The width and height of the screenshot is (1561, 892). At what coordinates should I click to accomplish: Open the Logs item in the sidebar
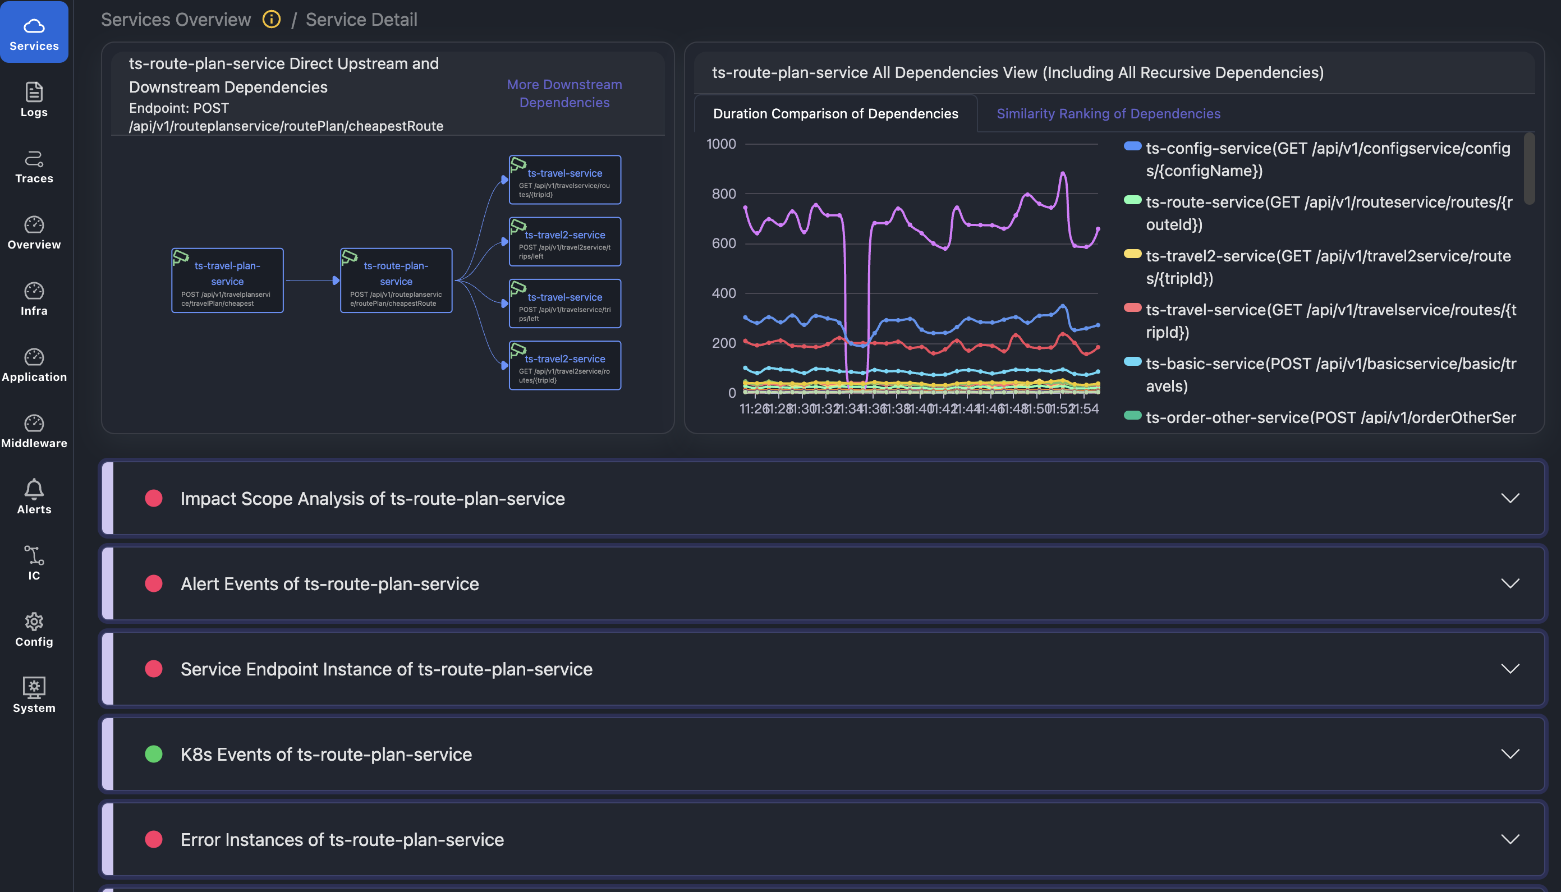(34, 99)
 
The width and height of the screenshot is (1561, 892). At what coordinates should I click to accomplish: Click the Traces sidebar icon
(34, 165)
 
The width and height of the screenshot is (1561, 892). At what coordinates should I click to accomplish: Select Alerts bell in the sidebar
(34, 496)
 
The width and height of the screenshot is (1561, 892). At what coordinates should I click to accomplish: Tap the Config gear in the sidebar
(34, 628)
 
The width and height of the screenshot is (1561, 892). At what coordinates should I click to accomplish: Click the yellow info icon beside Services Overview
(272, 20)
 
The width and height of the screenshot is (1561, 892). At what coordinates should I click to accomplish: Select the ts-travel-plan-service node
(227, 281)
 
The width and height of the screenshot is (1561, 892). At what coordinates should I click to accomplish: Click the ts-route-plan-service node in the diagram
(396, 281)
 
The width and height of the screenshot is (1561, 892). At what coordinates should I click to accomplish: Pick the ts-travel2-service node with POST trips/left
(564, 241)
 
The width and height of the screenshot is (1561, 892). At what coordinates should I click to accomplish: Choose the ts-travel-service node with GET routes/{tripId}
(564, 180)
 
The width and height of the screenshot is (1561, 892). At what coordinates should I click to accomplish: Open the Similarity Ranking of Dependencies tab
(1108, 113)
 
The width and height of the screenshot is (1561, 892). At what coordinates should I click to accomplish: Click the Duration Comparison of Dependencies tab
(835, 113)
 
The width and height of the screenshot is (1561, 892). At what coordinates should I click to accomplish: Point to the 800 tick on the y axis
(723, 194)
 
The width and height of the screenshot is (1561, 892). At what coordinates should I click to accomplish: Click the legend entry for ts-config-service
(1327, 159)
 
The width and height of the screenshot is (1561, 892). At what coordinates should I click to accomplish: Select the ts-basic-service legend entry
(1330, 374)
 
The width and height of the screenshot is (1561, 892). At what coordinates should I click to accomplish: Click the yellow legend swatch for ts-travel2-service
(1132, 254)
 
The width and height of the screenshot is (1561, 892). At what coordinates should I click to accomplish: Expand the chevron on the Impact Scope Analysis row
(1509, 498)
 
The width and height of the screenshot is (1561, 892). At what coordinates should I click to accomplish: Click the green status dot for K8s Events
(154, 753)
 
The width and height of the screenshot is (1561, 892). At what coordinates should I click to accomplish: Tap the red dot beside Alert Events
(154, 583)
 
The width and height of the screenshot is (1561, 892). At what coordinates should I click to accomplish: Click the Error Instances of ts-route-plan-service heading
(342, 839)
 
